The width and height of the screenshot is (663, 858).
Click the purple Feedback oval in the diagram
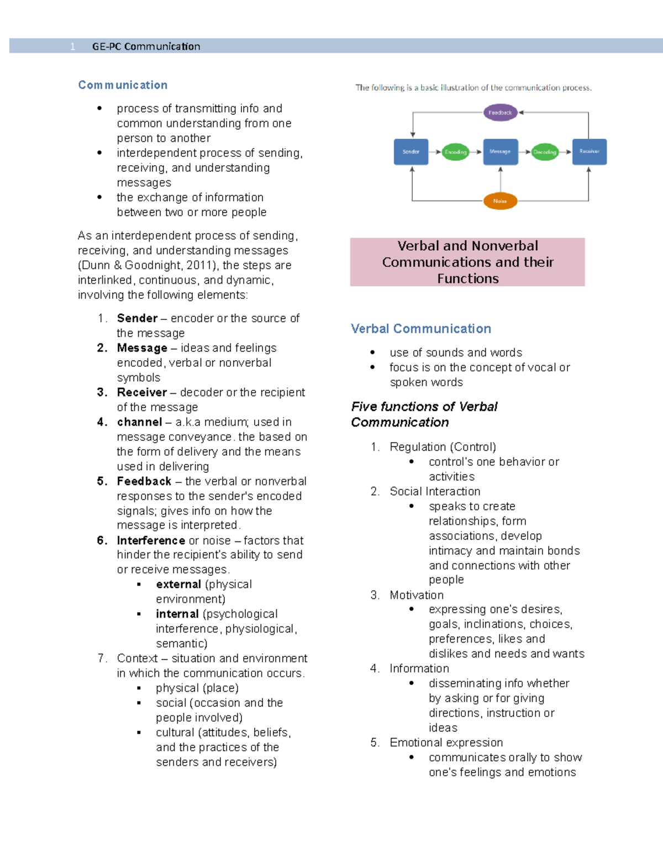500,113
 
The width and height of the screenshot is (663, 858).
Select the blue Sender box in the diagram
411,152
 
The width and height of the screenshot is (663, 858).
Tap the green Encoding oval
456,152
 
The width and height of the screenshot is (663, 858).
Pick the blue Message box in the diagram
501,152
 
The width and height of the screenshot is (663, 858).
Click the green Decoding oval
545,152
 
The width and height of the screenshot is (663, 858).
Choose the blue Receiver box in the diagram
590,152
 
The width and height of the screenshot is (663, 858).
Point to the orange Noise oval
500,201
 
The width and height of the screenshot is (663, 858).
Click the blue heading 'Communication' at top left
123,85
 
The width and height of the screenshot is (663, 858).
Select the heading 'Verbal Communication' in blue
421,329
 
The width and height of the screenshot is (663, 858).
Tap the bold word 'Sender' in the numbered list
137,318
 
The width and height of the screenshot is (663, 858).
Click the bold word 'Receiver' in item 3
142,392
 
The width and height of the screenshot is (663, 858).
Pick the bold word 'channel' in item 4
139,422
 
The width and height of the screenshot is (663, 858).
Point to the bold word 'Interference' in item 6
151,540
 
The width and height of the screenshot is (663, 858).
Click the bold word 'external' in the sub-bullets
178,585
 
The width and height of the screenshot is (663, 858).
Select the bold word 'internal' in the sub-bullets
177,614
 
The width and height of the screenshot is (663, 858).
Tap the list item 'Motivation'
417,595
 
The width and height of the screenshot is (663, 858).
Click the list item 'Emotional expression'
446,743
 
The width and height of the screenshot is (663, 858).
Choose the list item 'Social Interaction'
435,492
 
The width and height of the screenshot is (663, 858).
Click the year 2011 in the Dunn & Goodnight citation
201,265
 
